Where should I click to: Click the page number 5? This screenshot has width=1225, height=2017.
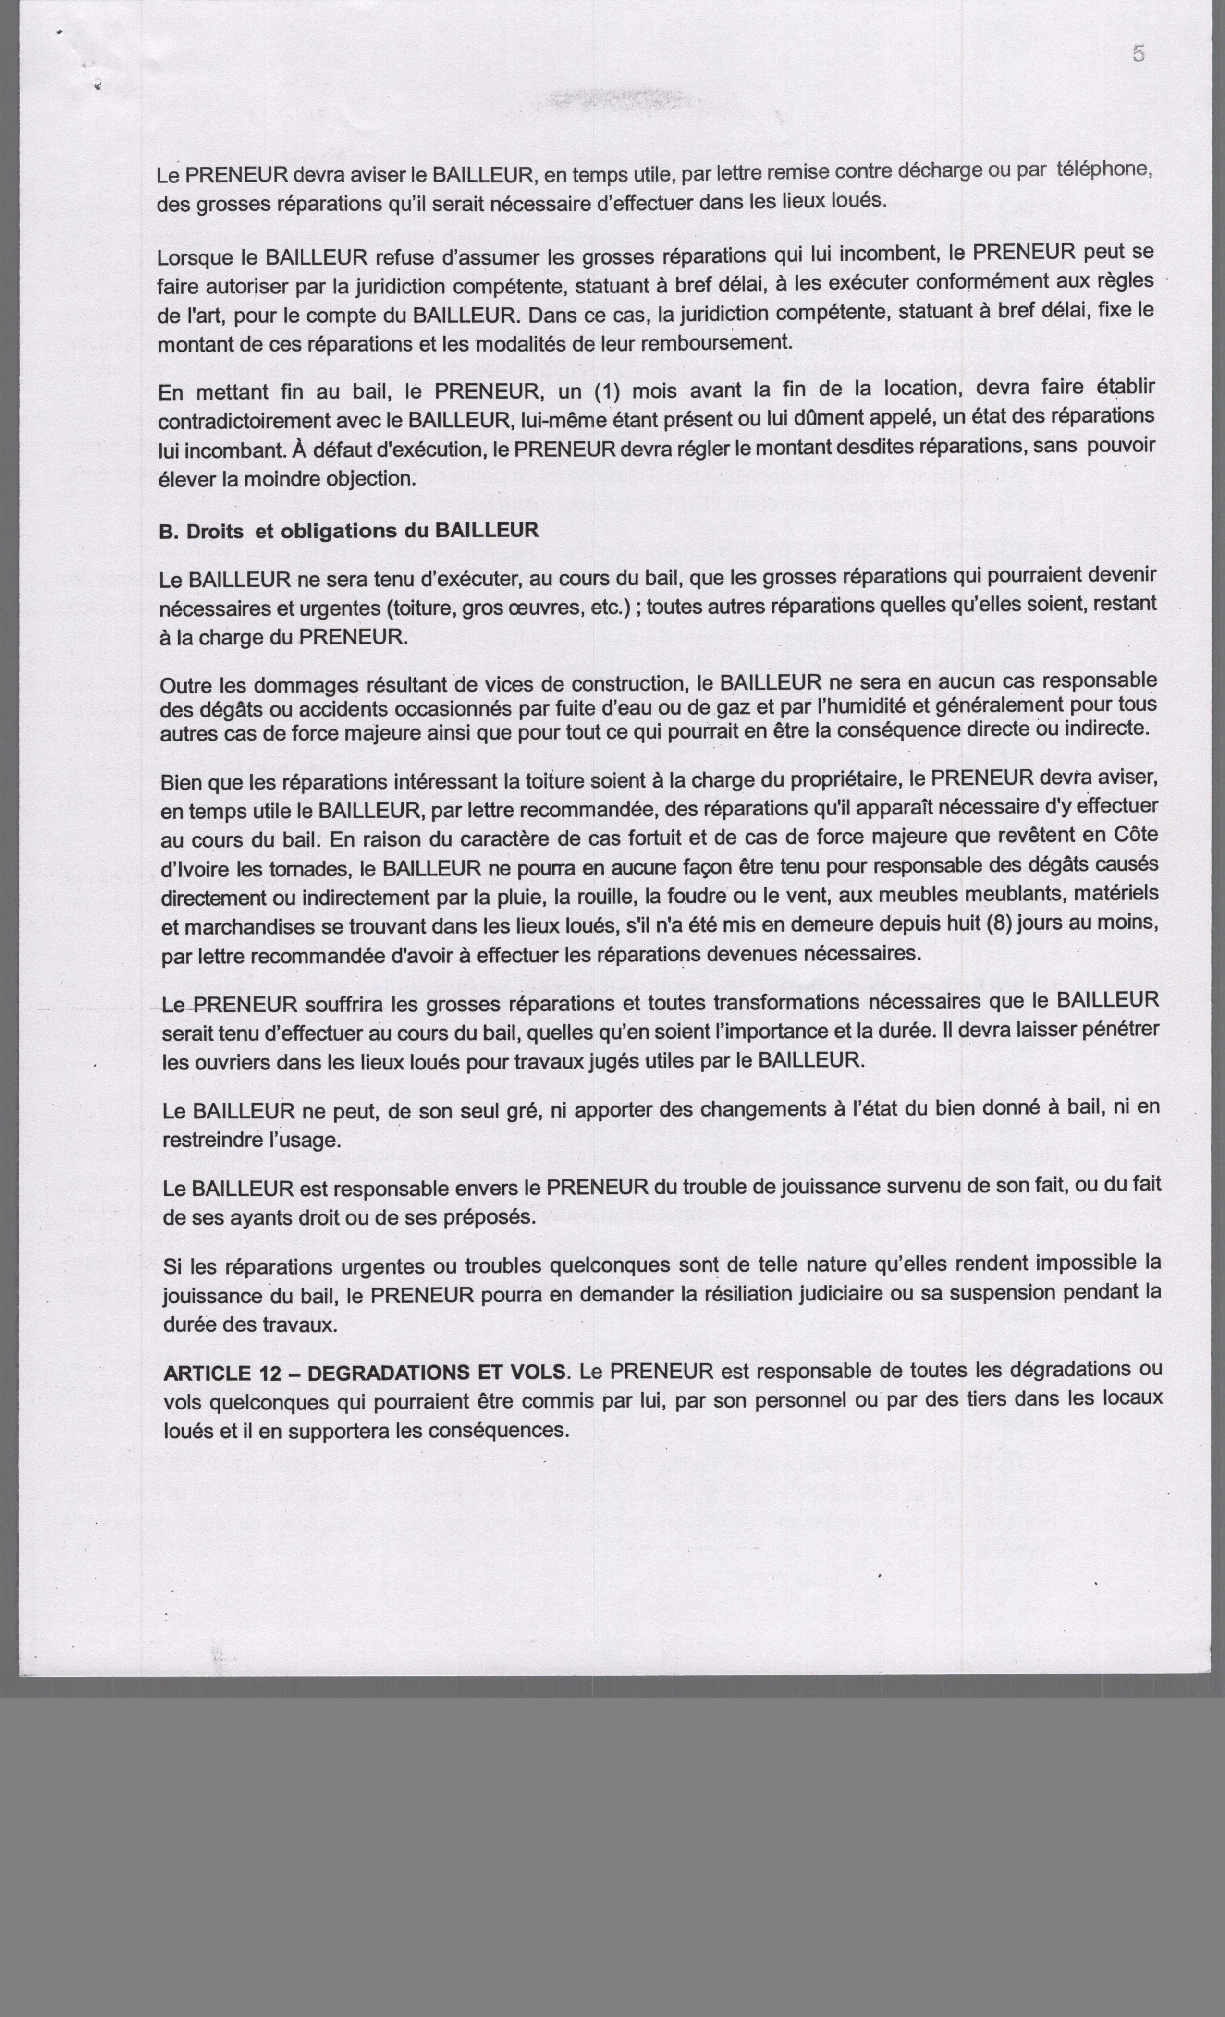tap(1138, 54)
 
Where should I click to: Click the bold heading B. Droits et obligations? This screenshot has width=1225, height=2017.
tap(348, 531)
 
